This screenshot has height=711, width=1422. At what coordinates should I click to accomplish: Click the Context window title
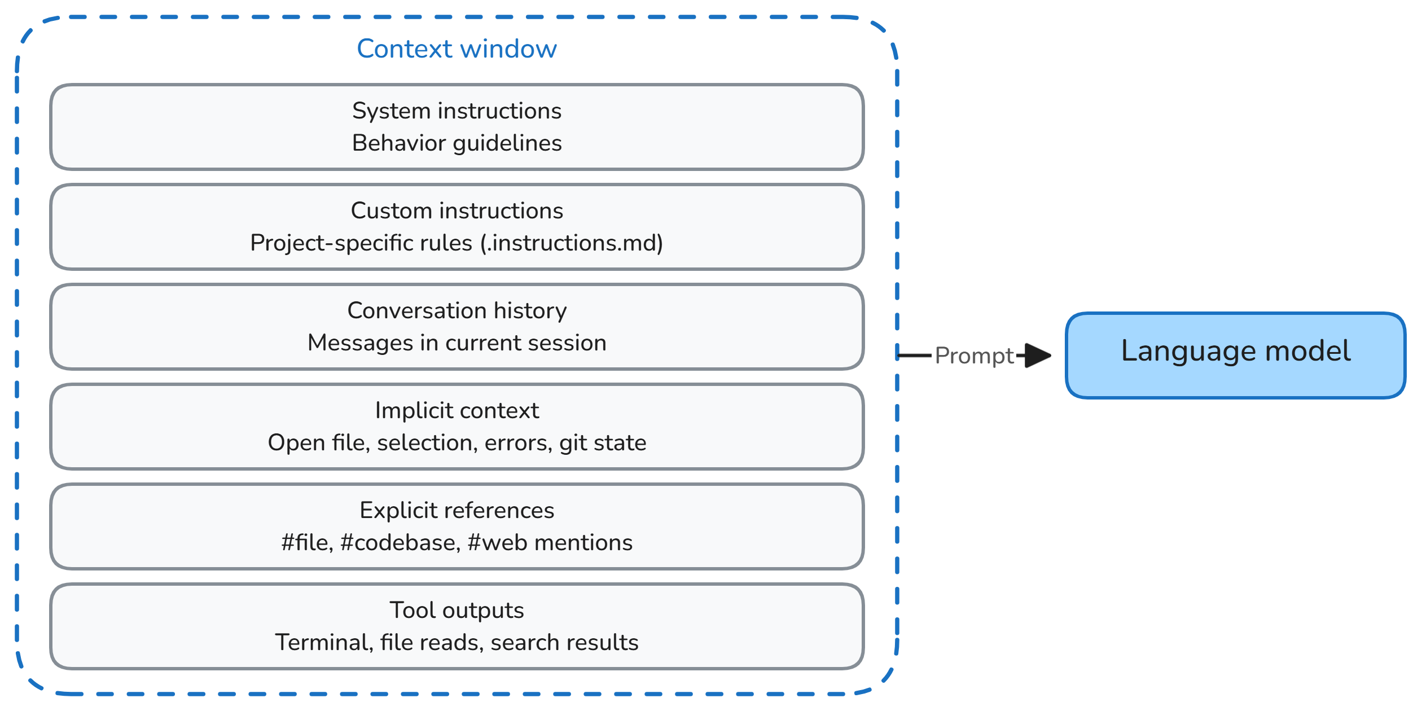click(457, 49)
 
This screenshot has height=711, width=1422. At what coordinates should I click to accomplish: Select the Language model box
click(1235, 355)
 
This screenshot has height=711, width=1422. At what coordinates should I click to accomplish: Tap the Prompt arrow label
click(974, 356)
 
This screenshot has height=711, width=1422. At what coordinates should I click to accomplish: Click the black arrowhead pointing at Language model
click(1037, 355)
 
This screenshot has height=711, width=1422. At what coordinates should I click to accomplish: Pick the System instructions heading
click(457, 111)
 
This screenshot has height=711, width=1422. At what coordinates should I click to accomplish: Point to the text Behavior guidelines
click(457, 143)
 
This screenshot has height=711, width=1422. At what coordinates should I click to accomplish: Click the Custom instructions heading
click(457, 211)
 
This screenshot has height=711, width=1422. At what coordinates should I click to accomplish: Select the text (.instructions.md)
click(572, 243)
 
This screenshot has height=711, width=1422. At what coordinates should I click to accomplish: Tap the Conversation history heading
click(457, 311)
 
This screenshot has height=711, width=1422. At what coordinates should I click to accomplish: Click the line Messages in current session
click(457, 343)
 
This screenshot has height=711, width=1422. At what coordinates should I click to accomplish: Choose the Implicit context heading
click(457, 411)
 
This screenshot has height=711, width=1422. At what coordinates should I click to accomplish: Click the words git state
click(602, 443)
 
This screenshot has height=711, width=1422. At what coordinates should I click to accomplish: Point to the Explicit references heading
click(457, 511)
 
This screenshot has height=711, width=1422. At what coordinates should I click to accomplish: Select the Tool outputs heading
click(457, 611)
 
